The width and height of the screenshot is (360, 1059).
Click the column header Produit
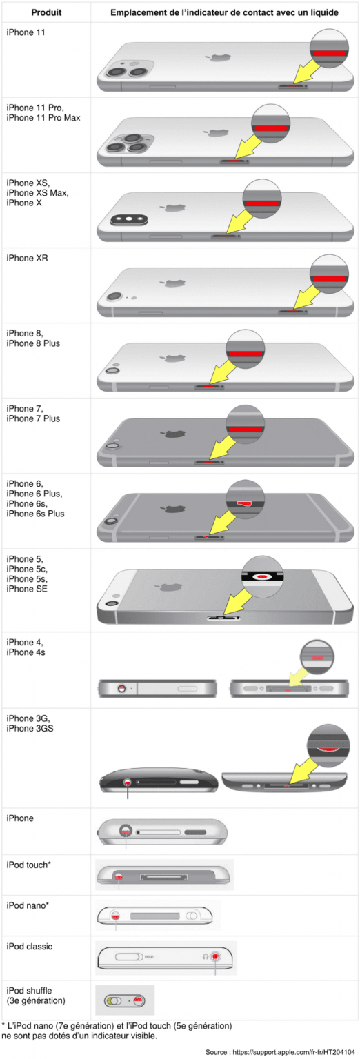46,12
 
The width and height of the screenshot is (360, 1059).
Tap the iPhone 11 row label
26,32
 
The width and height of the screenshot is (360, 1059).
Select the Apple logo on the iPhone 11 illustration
219,58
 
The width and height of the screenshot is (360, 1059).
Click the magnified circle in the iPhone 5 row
263,576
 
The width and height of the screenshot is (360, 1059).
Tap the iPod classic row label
30,946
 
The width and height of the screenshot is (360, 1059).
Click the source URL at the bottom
294,1052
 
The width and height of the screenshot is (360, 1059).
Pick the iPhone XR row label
27,258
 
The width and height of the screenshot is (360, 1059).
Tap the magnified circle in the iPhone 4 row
317,657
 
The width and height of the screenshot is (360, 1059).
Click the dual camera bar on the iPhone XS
129,220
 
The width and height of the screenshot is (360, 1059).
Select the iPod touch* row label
28,865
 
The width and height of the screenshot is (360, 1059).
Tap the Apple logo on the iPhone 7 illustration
172,434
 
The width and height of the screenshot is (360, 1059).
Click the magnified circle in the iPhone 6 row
245,499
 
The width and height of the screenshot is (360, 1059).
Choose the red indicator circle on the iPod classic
216,956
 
